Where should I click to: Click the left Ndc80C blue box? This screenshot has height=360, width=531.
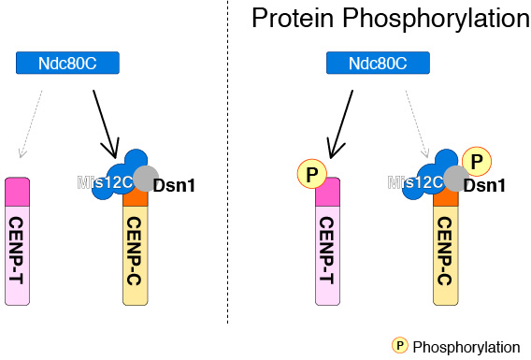69,63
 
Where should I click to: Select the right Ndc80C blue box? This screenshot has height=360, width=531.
379,63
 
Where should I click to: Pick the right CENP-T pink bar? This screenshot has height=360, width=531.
327,248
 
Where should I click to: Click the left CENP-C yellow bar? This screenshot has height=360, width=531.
136,252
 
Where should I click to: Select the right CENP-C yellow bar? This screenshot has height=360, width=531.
445,252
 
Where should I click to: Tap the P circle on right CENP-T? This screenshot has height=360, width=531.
310,174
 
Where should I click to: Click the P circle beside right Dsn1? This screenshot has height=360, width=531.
477,162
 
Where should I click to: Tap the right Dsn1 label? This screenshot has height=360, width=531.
484,185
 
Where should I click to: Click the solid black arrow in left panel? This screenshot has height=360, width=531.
104,122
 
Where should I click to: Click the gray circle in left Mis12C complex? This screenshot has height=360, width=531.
145,178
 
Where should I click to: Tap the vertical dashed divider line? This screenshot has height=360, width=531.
229,187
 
